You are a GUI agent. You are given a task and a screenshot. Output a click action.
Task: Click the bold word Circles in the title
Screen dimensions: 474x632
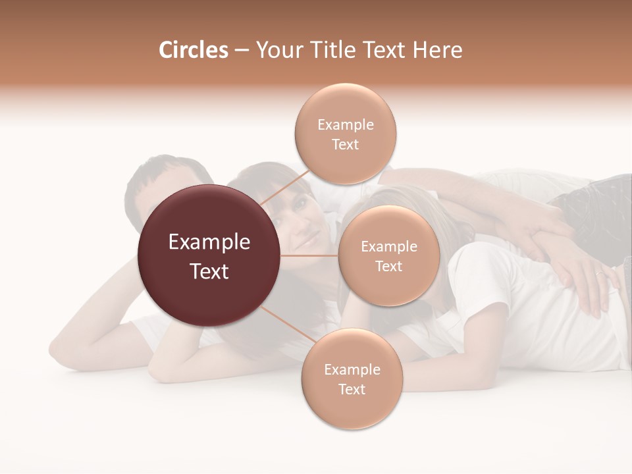[193, 50]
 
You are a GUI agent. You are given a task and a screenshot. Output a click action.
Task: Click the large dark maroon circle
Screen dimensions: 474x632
[209, 256]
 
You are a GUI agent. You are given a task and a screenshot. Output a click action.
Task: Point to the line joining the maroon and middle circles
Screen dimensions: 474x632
[309, 255]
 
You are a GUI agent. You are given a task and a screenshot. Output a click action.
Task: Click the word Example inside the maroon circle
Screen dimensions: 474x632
[209, 242]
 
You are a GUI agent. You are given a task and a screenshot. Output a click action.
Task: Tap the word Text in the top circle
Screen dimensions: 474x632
[345, 145]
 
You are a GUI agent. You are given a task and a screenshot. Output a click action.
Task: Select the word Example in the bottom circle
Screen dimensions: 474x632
[352, 370]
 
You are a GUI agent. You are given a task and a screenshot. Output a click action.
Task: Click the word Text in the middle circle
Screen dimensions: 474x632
[388, 267]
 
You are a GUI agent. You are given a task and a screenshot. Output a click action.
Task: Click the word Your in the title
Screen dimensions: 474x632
[276, 50]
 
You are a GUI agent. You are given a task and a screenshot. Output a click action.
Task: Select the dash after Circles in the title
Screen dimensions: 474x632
[241, 51]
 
